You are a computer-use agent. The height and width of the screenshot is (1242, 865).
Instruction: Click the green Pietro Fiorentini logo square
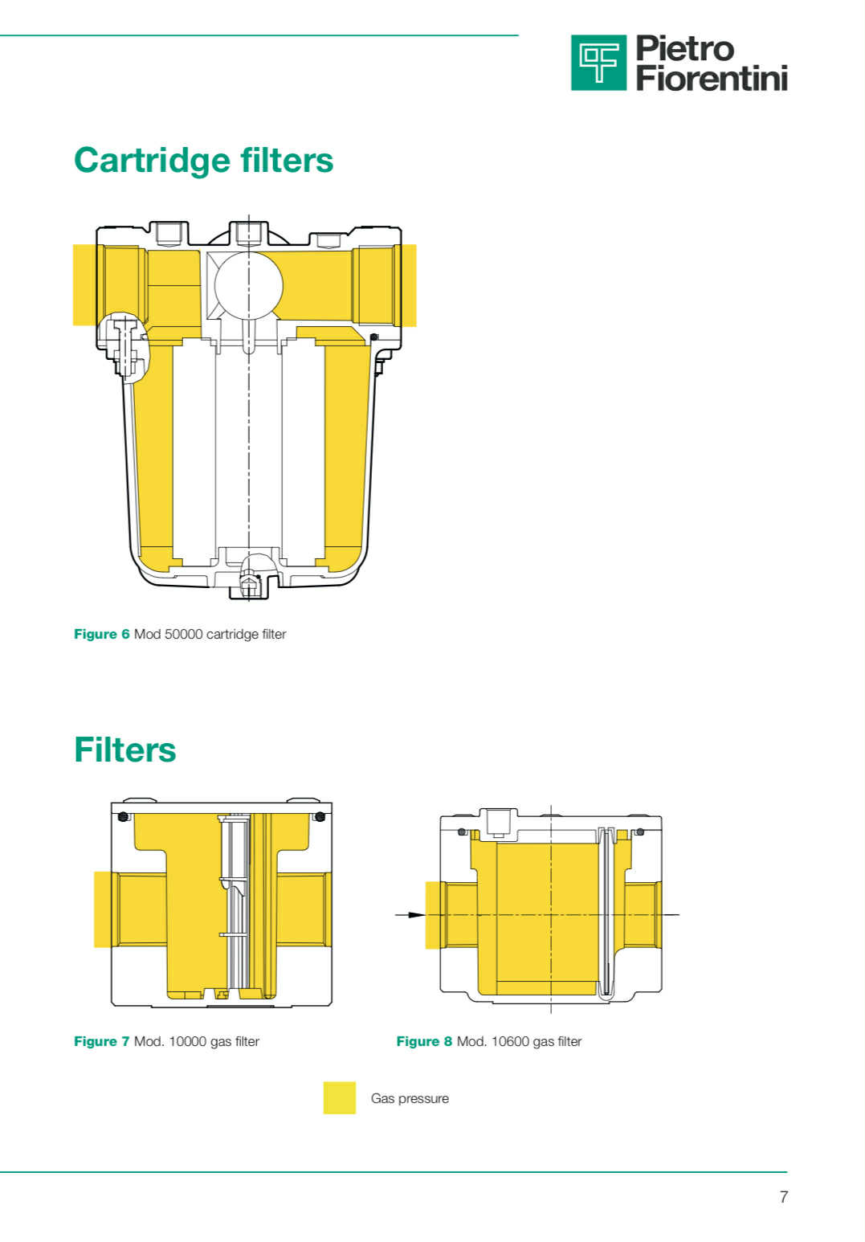(x=599, y=63)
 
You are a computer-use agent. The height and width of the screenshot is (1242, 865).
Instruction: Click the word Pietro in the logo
(x=685, y=48)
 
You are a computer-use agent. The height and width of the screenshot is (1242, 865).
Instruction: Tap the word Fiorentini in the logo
(x=712, y=78)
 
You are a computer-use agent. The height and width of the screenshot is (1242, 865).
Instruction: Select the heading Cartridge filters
(x=203, y=160)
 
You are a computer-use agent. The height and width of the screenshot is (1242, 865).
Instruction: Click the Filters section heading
(x=124, y=750)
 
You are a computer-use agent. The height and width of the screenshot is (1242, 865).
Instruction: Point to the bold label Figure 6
(x=101, y=634)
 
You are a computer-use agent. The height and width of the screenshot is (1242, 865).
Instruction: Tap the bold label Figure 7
(x=101, y=1041)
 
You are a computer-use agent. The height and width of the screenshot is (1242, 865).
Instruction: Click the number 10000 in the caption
(x=187, y=1041)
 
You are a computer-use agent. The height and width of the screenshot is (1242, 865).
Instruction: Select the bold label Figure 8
(x=424, y=1041)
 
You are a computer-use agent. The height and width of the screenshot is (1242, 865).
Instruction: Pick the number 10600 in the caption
(x=510, y=1041)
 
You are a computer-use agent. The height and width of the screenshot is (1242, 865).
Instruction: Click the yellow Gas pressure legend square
(x=340, y=1097)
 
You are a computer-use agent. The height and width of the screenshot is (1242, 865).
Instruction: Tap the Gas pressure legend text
(x=410, y=1098)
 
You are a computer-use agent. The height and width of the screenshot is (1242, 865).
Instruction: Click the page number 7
(x=784, y=1196)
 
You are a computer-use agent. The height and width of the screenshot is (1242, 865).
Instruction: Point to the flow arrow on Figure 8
(x=410, y=914)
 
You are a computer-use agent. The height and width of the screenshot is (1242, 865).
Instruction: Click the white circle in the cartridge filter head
(x=248, y=286)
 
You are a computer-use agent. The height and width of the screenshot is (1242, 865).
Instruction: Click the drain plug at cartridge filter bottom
(x=249, y=586)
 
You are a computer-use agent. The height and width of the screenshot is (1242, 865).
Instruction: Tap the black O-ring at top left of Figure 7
(x=124, y=816)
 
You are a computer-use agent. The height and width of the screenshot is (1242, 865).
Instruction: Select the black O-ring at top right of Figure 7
(x=320, y=816)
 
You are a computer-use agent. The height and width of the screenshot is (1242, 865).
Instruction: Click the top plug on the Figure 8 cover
(x=498, y=823)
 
